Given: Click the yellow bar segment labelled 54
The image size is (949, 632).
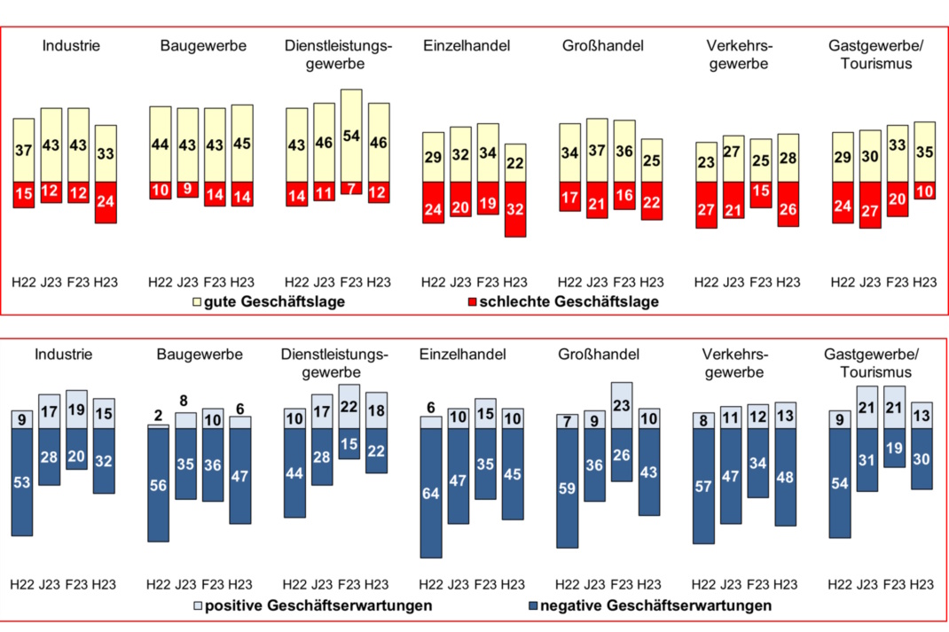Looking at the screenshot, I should point(351,135).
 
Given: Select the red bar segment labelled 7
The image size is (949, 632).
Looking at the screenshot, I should point(351,187).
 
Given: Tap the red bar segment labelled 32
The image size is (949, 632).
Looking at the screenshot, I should point(515,209).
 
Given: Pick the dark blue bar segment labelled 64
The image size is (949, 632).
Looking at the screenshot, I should point(430,493).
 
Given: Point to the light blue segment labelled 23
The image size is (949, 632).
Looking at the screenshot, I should point(622,405).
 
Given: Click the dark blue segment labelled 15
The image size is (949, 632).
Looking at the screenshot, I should point(349,443).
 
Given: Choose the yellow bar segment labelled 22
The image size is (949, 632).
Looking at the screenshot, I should point(515,163).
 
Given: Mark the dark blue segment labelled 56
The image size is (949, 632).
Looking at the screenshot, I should point(158,485).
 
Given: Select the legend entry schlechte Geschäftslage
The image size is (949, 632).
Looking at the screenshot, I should point(562,302).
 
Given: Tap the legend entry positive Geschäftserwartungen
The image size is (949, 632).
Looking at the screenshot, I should point(312,606).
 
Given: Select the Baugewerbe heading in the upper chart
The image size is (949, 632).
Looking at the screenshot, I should point(203,45).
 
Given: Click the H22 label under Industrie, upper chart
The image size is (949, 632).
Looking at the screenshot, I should point(24,282).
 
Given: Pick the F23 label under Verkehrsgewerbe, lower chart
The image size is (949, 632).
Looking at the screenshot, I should point(758,584).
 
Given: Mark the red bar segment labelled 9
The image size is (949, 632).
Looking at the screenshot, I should point(187,189).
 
